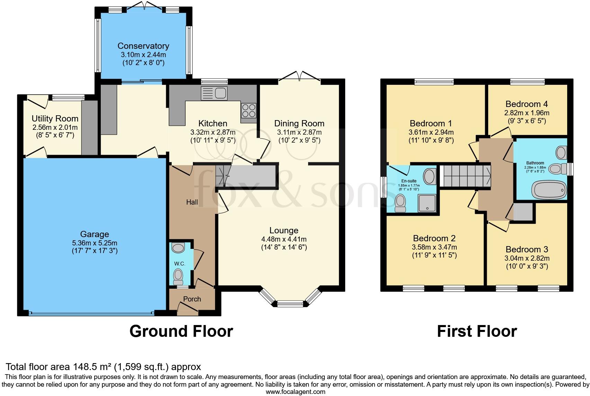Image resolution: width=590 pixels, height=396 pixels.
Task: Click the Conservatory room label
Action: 143,46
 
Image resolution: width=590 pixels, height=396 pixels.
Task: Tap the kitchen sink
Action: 214,93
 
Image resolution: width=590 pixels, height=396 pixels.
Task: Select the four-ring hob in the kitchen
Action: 249,110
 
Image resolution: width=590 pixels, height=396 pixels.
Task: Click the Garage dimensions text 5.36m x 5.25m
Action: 95,243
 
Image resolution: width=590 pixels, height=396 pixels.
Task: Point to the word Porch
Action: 192,299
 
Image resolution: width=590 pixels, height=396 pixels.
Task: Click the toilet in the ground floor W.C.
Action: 178,275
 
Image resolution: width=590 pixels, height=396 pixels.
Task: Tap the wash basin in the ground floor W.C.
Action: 178,248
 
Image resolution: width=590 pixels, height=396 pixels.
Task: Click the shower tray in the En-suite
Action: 427,203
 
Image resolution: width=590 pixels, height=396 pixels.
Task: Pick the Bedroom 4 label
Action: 527,104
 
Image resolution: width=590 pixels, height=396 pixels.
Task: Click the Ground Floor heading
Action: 181,331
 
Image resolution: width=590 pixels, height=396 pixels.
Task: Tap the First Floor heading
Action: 477,331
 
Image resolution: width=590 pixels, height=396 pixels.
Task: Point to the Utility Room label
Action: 55,119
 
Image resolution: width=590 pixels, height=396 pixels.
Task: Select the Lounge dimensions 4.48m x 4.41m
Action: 284,239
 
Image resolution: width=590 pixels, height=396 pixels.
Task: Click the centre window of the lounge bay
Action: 290,304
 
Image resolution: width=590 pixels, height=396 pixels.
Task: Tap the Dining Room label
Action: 299,123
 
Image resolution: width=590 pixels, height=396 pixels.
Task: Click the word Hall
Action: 192,202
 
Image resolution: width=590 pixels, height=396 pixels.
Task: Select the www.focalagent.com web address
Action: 295,392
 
